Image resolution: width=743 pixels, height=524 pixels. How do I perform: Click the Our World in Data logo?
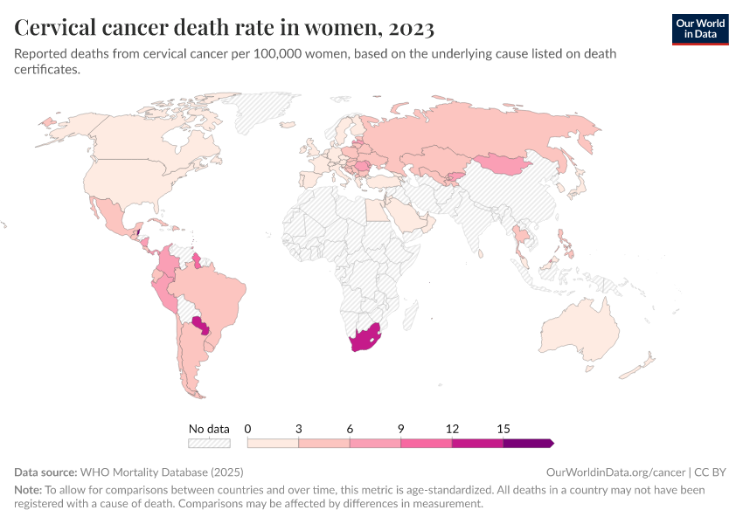pyautogui.click(x=699, y=28)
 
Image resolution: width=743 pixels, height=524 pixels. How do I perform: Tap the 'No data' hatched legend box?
pyautogui.click(x=209, y=443)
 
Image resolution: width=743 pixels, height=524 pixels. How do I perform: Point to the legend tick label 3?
pyautogui.click(x=299, y=429)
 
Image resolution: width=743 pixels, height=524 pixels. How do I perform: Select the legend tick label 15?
pyautogui.click(x=503, y=429)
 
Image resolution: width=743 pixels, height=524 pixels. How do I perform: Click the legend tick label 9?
pyautogui.click(x=401, y=429)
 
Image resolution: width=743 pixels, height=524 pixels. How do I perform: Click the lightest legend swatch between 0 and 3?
pyautogui.click(x=273, y=443)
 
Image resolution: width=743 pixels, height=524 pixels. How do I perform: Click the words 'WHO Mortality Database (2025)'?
pyautogui.click(x=163, y=472)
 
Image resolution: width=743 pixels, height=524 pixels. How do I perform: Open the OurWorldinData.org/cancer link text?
pyautogui.click(x=608, y=472)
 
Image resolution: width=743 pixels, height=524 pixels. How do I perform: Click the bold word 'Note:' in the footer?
pyautogui.click(x=28, y=491)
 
